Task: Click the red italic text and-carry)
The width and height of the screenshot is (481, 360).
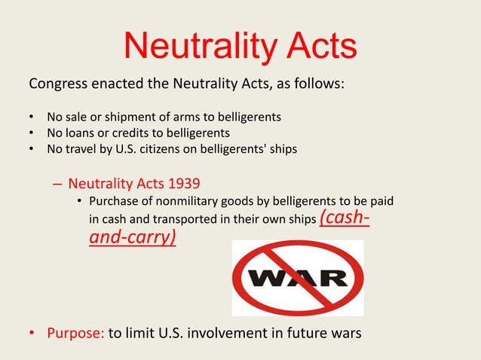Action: pos(133,240)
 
